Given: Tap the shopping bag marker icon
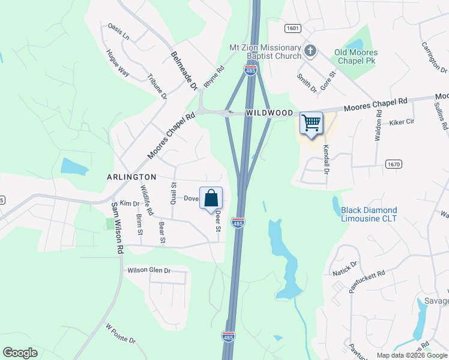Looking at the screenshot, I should [x=211, y=198].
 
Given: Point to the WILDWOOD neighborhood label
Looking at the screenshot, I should [x=268, y=113].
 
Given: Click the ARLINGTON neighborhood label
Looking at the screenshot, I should [x=131, y=177].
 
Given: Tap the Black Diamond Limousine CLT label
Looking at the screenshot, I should [x=369, y=214].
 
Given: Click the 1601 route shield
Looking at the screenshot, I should [x=293, y=28].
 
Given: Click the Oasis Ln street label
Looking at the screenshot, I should [x=118, y=32].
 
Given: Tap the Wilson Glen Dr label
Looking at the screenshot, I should [x=149, y=271].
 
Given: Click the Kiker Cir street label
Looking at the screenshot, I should [x=402, y=122].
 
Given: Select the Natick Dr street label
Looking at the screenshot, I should [x=345, y=269].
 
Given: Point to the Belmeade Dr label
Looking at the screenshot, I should [x=184, y=70].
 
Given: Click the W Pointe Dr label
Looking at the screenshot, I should [x=121, y=333].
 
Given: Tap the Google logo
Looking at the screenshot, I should [x=20, y=352].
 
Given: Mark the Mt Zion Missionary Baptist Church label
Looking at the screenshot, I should [x=265, y=52].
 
